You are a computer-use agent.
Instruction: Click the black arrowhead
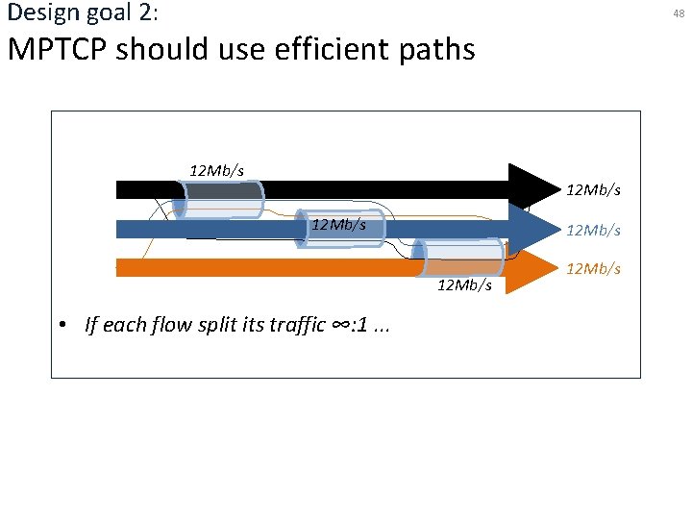[x=532, y=187]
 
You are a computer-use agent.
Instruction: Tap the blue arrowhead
[x=532, y=229]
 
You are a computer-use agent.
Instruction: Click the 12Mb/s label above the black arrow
[x=216, y=170]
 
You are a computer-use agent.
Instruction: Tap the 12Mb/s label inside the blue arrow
[x=337, y=224]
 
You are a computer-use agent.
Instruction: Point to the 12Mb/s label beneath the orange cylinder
[x=464, y=285]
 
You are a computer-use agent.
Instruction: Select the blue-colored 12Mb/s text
[x=593, y=230]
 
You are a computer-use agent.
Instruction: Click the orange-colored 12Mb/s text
[x=593, y=268]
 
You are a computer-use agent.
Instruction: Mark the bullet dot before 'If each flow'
[x=61, y=325]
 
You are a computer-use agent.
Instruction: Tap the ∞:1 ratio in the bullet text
[x=346, y=324]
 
